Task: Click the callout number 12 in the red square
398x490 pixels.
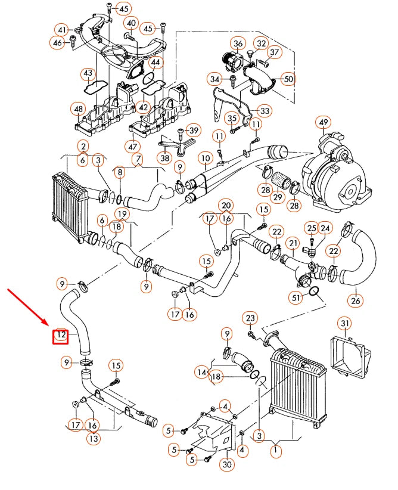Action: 61,337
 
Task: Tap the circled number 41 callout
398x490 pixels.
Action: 63,30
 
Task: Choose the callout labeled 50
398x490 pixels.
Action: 288,79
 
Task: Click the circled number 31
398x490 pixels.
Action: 345,324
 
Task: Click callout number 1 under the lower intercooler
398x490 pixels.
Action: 276,451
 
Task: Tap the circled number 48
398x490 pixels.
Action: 78,109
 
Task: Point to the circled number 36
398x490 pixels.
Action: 238,44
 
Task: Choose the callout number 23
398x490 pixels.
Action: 250,318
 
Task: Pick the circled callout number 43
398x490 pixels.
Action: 88,74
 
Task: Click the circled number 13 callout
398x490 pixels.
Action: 93,438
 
